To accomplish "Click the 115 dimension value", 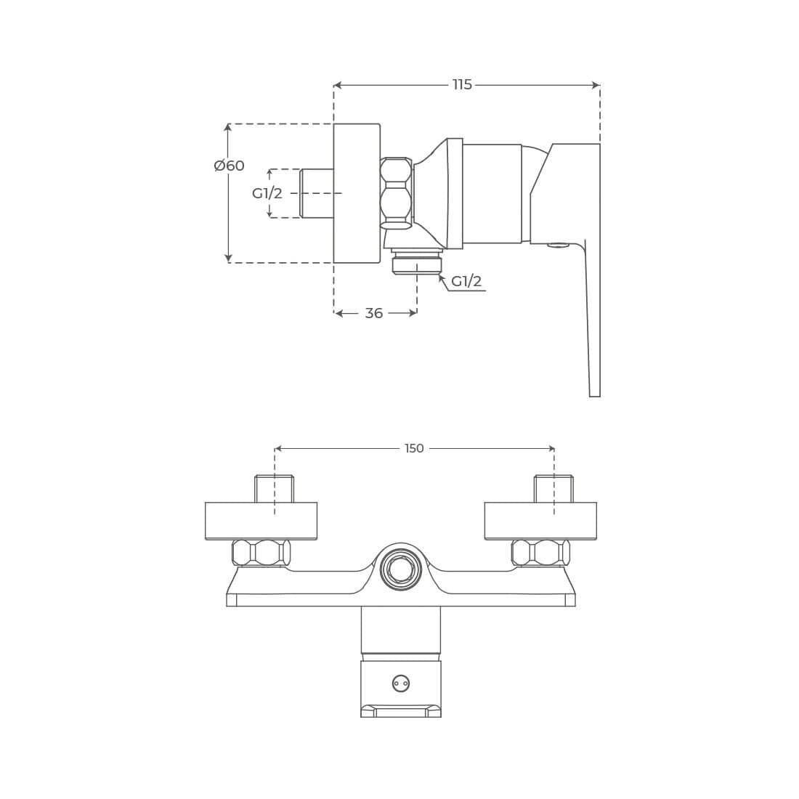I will [462, 85].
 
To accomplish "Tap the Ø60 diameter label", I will [230, 166].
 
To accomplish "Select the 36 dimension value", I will [373, 314].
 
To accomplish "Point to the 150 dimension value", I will [414, 449].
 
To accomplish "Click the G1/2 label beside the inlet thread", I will [267, 193].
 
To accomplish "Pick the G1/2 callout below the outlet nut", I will [466, 282].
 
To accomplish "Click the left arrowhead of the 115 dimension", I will [338, 85].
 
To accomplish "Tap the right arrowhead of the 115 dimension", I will [596, 85].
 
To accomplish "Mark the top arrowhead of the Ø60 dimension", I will [228, 128].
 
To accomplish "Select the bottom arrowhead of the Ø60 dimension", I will [228, 258].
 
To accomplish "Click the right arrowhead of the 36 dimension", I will [413, 313].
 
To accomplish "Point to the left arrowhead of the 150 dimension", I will [278, 448].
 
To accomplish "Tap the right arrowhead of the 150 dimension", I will [551, 448].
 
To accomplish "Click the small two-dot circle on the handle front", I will [401, 684].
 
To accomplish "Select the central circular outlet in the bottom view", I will [401, 569].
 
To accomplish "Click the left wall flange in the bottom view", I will [261, 520].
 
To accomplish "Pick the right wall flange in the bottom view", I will [540, 520].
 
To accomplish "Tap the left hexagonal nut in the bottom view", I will [261, 553].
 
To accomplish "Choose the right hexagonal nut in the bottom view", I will [541, 553].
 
